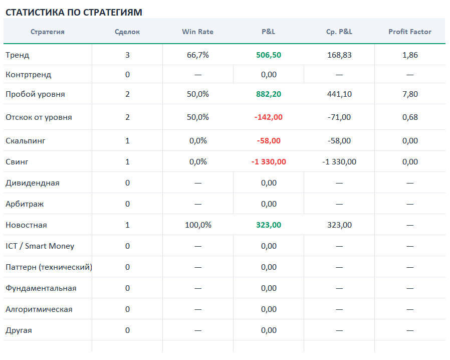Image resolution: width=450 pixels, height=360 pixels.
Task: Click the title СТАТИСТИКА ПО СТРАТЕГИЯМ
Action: click(x=74, y=13)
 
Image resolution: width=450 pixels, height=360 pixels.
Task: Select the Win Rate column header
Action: click(x=198, y=32)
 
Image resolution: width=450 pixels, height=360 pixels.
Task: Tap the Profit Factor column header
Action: click(x=410, y=32)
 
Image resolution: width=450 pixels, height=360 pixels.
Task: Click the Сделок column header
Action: click(x=127, y=32)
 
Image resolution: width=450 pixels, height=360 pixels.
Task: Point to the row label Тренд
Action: click(x=17, y=55)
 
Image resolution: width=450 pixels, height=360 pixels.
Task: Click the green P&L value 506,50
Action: click(x=269, y=55)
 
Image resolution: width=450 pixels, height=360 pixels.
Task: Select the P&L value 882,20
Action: click(x=269, y=94)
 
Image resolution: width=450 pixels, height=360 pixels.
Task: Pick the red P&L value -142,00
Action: click(x=269, y=117)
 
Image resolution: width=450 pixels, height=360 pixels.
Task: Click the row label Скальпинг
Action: click(x=26, y=141)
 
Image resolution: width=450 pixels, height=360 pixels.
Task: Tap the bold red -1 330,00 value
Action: click(x=269, y=161)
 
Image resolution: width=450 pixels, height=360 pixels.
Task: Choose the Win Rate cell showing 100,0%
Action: click(x=198, y=225)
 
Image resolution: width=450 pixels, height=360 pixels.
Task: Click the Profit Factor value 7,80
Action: click(x=410, y=94)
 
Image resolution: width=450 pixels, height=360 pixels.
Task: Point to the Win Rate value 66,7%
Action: click(x=198, y=55)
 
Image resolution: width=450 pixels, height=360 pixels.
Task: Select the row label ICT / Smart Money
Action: click(x=40, y=246)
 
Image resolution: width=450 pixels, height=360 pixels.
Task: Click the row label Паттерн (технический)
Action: click(x=49, y=267)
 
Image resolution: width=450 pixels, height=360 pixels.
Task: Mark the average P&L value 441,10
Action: click(x=339, y=94)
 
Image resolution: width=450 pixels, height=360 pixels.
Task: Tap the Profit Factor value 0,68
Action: click(x=410, y=117)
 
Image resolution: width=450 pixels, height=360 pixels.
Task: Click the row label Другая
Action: click(x=19, y=330)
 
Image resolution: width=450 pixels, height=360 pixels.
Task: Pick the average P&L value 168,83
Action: click(x=339, y=55)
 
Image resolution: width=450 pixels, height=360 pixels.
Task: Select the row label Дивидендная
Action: click(x=33, y=183)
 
